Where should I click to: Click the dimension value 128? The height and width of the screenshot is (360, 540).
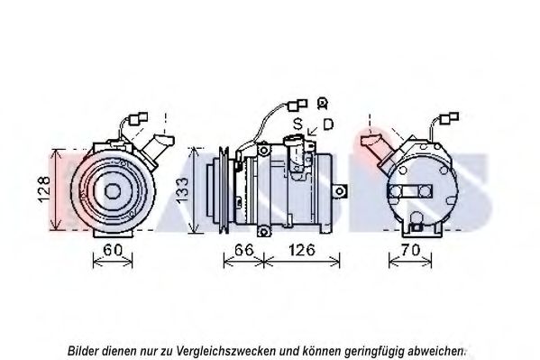(44, 189)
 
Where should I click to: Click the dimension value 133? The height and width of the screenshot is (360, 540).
(182, 189)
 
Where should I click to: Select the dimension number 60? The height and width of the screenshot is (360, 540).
(113, 250)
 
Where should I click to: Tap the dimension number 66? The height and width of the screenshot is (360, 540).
(243, 250)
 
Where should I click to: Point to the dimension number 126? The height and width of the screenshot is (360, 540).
(302, 250)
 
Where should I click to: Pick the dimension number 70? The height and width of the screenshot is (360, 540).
(410, 250)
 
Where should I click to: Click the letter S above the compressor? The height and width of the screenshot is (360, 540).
(297, 124)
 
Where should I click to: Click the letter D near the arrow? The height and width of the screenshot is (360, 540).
(328, 125)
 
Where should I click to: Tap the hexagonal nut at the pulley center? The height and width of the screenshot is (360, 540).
(113, 191)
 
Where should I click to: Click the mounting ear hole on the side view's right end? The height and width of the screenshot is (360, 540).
(340, 190)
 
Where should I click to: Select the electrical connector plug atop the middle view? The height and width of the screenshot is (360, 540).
(297, 105)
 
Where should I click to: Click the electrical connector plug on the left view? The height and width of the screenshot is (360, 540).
(138, 118)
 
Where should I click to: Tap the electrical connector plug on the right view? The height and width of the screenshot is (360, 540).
(450, 118)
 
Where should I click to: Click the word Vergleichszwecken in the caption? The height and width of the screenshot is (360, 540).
(226, 351)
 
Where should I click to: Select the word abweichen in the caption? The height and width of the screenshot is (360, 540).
(435, 351)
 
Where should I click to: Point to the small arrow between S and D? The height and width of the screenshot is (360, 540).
(313, 131)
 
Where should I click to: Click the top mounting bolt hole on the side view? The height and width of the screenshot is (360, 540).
(264, 151)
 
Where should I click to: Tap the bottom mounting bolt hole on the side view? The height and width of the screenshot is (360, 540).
(264, 231)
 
